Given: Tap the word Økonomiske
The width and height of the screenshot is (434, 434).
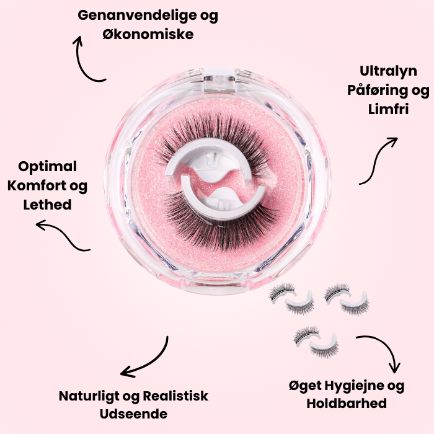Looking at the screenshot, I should (148, 34).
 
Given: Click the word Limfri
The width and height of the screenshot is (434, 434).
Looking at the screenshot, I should (388, 110).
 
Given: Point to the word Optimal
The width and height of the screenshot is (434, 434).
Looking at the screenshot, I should (48, 166).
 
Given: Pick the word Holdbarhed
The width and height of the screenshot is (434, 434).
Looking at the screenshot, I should (347, 404).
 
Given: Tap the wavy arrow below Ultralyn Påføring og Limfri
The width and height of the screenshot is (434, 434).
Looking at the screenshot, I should (378, 160).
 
